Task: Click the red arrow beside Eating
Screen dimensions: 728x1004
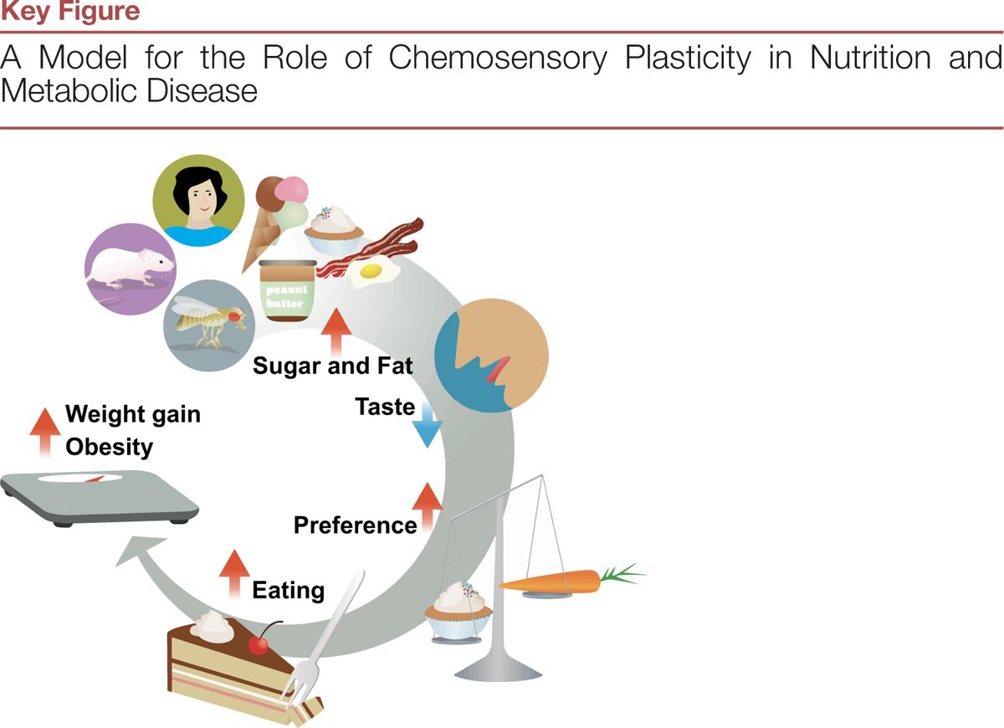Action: [234, 574]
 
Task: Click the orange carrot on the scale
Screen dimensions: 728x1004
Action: [556, 580]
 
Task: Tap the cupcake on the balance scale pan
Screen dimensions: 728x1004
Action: [457, 608]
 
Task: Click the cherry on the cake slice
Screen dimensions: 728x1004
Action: [259, 643]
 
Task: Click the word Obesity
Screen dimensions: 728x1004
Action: [109, 446]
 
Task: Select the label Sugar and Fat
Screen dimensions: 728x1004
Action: [332, 366]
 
